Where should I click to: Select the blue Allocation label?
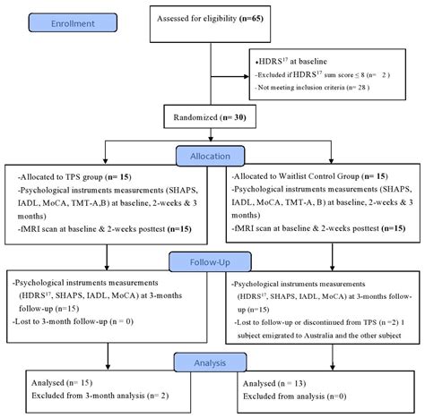tap(212, 155)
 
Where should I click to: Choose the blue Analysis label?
tap(212, 362)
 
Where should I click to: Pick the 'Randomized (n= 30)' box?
tap(212, 115)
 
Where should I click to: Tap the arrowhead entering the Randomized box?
tap(212, 101)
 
